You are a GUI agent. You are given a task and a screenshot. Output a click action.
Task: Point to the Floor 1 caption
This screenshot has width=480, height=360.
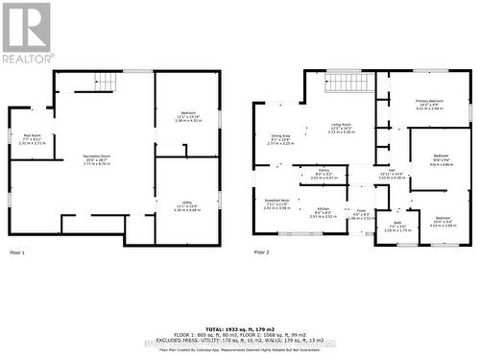point(17,252)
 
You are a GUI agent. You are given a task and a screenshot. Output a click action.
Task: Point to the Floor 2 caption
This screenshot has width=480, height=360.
point(261,252)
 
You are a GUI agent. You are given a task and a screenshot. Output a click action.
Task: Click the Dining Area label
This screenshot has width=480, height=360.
point(280,135)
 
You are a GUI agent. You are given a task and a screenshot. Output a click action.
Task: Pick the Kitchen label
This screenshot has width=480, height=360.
point(324,208)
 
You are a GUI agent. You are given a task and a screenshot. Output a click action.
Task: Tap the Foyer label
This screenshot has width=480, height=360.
point(361,211)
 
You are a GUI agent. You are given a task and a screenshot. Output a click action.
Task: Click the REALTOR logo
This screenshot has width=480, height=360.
point(27,34)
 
